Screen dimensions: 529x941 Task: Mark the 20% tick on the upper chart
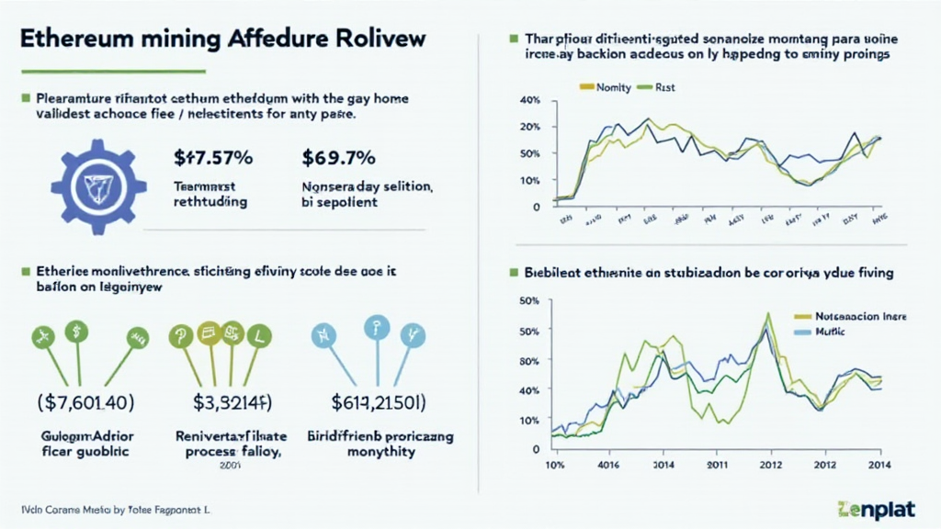pos(529,126)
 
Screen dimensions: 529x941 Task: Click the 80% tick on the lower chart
pos(529,360)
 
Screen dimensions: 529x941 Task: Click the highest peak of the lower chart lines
pos(766,314)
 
